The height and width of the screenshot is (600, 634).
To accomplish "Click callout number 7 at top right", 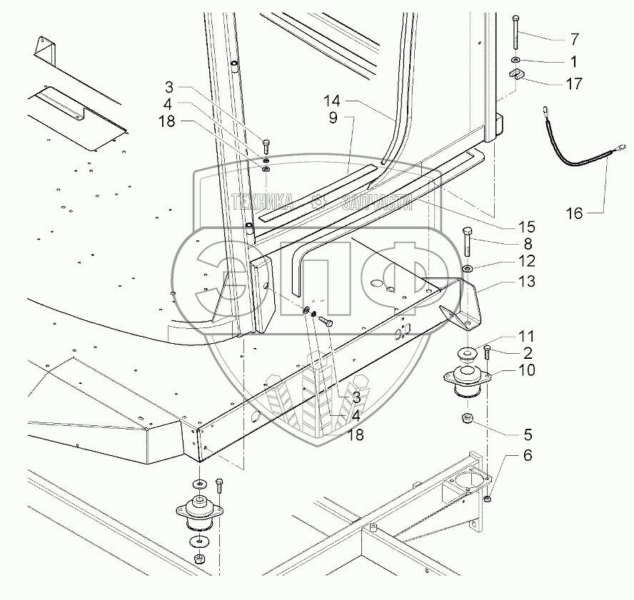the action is (575, 39).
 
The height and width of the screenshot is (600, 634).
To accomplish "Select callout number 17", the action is (574, 83).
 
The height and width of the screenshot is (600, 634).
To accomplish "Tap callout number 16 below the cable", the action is (574, 213).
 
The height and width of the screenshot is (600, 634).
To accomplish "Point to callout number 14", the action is (332, 101).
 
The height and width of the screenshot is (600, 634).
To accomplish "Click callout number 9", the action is (333, 118).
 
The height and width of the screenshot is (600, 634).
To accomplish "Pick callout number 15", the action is (527, 227).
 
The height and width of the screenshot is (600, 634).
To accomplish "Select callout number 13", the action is (527, 281).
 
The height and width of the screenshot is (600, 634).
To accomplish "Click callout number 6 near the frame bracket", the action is (528, 455).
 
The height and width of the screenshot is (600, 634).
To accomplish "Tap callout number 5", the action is (528, 434).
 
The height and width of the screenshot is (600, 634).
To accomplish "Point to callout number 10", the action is (527, 370).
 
